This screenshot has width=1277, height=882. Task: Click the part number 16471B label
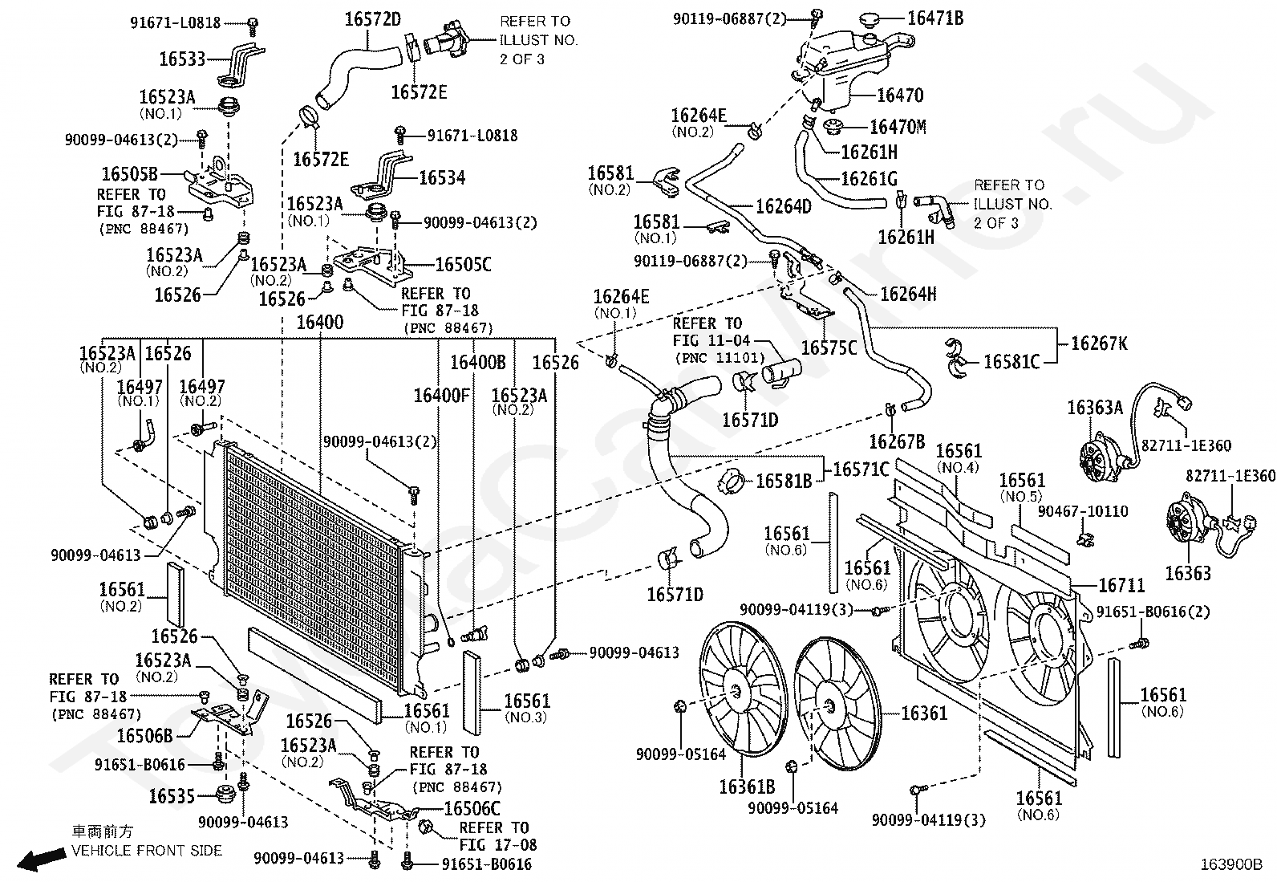click(935, 18)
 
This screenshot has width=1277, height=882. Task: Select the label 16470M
click(898, 127)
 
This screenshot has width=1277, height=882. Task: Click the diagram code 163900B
click(1231, 865)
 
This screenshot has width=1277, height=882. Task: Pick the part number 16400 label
click(320, 323)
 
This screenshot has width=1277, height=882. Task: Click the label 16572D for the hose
click(373, 19)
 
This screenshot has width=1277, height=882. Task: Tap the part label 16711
click(1121, 585)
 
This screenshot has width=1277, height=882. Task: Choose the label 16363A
click(1095, 408)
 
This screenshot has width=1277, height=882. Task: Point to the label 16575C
click(829, 348)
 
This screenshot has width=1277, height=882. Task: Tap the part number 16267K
click(1099, 343)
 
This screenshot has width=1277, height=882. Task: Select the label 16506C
click(472, 808)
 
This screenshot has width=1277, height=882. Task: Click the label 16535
click(172, 796)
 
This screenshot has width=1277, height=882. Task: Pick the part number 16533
click(182, 59)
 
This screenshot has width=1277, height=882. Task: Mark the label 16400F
click(442, 396)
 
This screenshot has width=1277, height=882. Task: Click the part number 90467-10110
click(1083, 511)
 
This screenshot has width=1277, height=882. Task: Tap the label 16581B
click(784, 482)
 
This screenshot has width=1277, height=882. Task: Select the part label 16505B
click(129, 174)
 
